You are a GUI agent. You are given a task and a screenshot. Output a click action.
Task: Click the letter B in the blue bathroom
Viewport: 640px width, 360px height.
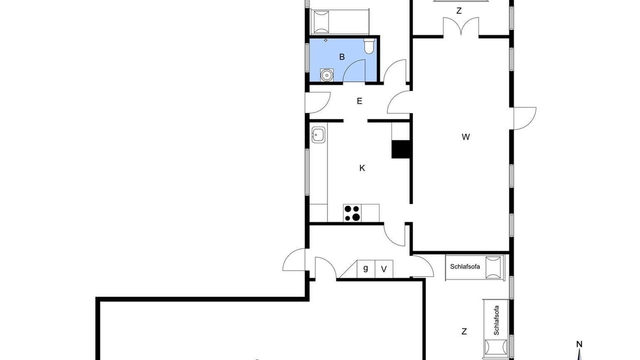pos(341,57)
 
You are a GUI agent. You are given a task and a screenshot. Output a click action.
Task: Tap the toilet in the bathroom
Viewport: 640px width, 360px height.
pos(369,46)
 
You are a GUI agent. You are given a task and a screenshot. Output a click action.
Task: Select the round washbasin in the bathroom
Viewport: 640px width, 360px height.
pos(326,75)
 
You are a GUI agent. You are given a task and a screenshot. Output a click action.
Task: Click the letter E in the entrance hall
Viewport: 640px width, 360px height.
pos(359,101)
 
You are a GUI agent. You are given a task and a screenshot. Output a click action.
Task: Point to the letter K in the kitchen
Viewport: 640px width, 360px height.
pos(362,168)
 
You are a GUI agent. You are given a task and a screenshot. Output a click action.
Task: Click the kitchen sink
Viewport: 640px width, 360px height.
pos(318,134)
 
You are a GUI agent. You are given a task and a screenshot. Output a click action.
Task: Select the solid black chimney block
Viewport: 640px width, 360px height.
pos(401,149)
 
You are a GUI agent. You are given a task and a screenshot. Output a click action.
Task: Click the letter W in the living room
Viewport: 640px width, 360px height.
pos(465,137)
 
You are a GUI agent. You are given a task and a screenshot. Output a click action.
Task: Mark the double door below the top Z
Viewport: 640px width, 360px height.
pos(461,26)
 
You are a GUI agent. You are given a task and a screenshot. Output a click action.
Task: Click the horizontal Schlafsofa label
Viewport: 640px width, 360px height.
pos(465,266)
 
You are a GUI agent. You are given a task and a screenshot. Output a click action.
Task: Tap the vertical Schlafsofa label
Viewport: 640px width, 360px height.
pos(496,320)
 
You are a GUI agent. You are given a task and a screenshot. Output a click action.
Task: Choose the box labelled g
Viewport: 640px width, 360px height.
pos(365,268)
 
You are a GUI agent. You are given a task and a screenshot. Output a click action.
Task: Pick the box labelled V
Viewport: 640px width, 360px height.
pos(384,268)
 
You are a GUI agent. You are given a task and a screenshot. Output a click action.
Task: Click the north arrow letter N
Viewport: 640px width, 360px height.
pos(579,344)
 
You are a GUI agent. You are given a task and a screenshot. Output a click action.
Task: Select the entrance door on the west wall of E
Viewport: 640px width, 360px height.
pos(317,102)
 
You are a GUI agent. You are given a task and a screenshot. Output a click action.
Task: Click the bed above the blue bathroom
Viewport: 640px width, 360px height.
pos(340,21)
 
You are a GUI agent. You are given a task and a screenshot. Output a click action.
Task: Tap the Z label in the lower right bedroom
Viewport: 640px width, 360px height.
pos(464,331)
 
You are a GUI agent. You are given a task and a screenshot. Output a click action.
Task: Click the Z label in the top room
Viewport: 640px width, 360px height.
pos(459,11)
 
